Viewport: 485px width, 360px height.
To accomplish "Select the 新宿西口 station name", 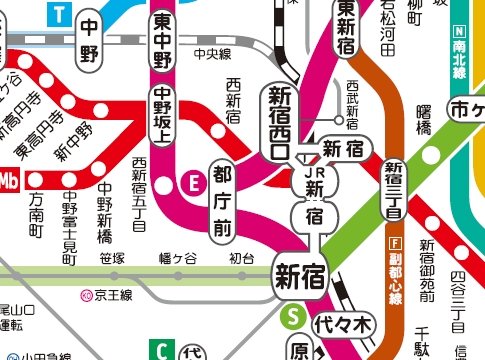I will click(x=279, y=121).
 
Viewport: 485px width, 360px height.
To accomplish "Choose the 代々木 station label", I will click(x=342, y=324).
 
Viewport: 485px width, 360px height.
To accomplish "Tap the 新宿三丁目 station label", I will click(x=392, y=189).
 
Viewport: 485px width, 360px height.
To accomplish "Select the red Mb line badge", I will click(x=11, y=179).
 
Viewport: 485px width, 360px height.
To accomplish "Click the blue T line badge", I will click(x=62, y=13).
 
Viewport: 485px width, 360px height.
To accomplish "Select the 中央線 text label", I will click(x=212, y=53).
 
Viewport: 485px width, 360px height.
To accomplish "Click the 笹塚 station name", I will click(x=113, y=258).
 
